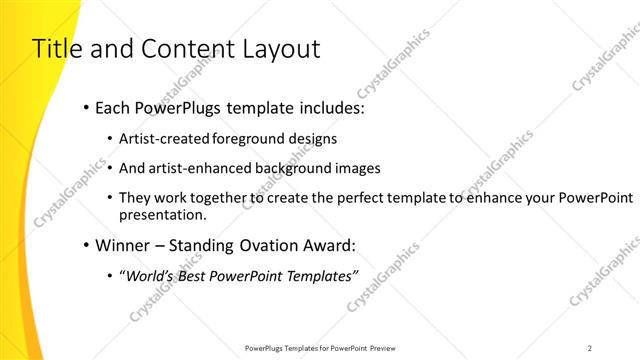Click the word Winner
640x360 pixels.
tap(121, 244)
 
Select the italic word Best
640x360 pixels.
tap(193, 274)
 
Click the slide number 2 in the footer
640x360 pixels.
tap(590, 348)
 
